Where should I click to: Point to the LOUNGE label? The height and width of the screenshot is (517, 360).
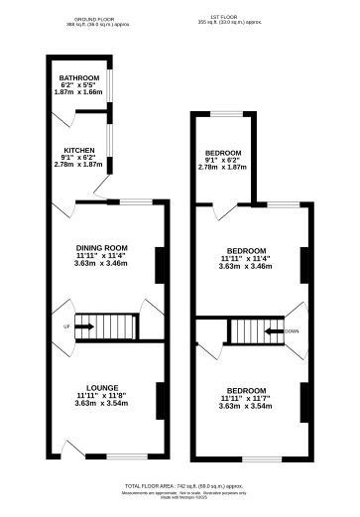(x=102, y=386)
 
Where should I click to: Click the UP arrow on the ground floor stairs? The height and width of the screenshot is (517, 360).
(x=83, y=325)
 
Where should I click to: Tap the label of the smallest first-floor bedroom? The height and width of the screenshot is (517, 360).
(x=222, y=153)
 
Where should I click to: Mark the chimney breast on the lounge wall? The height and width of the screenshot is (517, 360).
(x=156, y=394)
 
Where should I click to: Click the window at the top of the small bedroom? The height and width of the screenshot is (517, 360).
(x=226, y=113)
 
